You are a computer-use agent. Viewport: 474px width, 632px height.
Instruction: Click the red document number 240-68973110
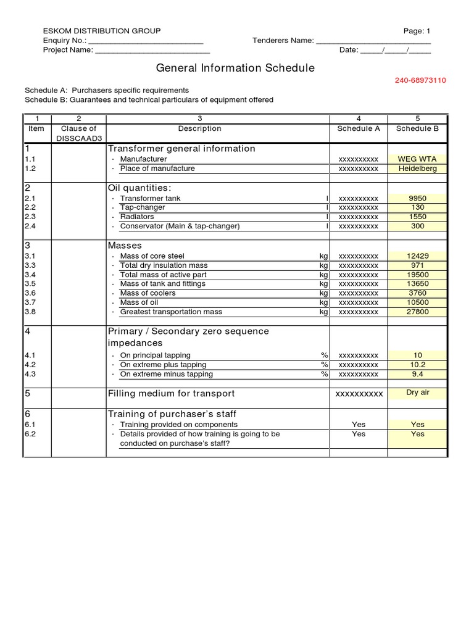coord(421,80)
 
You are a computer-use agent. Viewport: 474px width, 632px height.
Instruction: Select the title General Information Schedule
coord(235,68)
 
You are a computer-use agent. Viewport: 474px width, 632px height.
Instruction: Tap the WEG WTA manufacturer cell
coord(417,159)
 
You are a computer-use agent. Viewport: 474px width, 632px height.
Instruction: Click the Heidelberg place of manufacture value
coord(417,168)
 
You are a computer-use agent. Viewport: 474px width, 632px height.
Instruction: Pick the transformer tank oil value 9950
coord(417,199)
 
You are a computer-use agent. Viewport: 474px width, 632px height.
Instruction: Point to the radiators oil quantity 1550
coord(417,217)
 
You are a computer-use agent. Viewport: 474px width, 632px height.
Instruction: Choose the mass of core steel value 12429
coord(417,256)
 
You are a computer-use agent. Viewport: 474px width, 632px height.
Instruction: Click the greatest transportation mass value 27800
coord(417,312)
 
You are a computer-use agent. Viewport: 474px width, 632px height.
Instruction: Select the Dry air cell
coord(417,393)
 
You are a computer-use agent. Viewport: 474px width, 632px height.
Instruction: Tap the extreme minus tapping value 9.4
coord(417,374)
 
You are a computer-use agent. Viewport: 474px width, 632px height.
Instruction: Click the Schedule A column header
coord(359,129)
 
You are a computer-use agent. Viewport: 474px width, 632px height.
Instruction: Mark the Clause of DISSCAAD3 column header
coord(78,133)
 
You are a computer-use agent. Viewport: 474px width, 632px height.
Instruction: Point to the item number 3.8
coord(31,312)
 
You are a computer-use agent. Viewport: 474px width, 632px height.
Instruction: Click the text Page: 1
coord(417,31)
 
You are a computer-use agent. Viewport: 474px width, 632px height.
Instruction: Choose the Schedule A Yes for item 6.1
coord(359,425)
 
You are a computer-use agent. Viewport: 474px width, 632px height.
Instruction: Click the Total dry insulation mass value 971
coord(417,265)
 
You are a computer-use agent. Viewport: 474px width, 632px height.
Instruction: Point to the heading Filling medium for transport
coord(172,394)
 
